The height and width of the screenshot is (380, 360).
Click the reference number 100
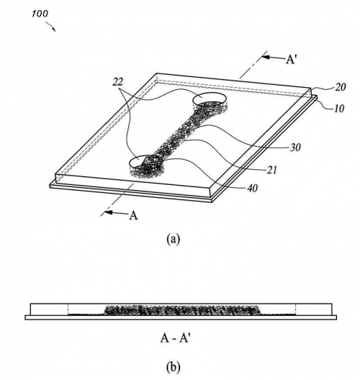[x=40, y=14]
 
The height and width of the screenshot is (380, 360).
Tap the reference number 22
[x=117, y=82]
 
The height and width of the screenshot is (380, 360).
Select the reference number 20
[x=340, y=87]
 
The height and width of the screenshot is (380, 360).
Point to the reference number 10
[x=339, y=109]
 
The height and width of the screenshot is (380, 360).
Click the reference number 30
[x=295, y=147]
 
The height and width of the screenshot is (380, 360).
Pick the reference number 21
[x=271, y=170]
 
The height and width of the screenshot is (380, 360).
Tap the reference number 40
[x=252, y=188]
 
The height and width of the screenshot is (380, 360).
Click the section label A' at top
[x=291, y=59]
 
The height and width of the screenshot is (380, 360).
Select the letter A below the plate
[x=133, y=214]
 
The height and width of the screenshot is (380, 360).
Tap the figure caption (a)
[x=174, y=239]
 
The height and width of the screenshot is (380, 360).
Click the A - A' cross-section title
[x=174, y=338]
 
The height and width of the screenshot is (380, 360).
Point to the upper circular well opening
[x=210, y=99]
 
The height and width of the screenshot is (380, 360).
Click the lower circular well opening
[x=144, y=162]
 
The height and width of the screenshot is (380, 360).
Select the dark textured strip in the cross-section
[x=183, y=310]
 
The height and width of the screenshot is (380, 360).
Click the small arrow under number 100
[x=51, y=27]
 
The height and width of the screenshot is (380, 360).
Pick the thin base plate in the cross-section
[x=181, y=317]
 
